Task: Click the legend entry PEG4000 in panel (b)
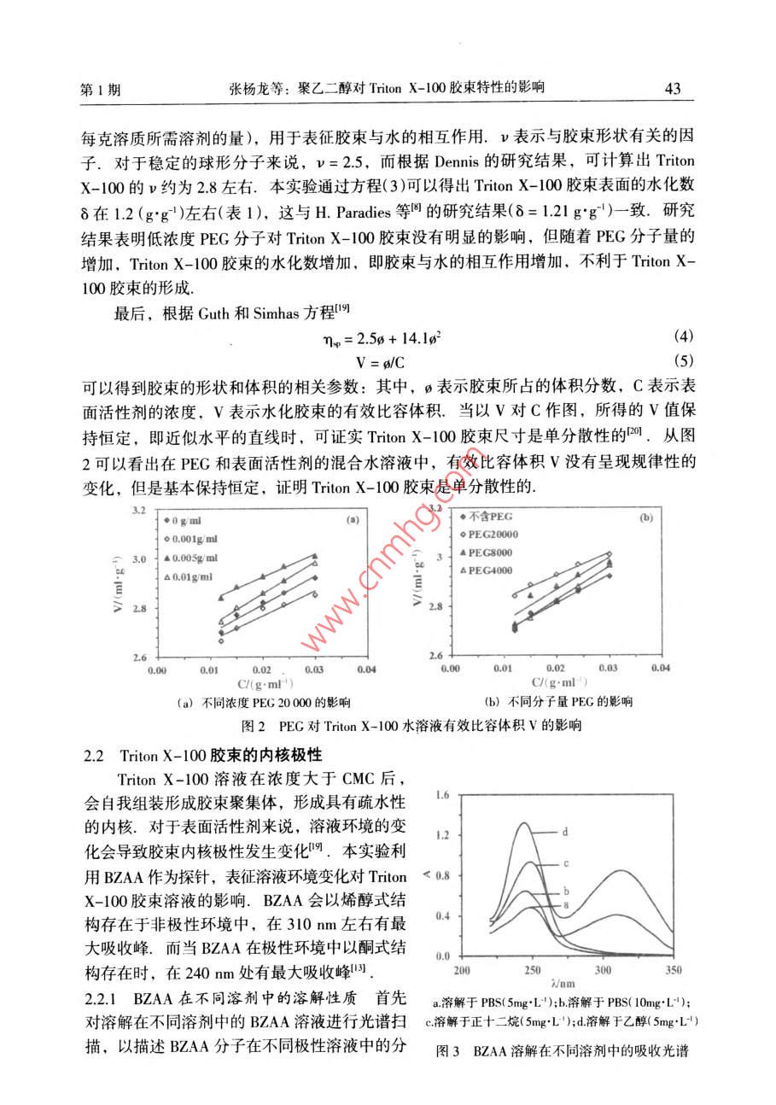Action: [x=491, y=570]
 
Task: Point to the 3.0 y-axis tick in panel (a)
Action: [x=139, y=558]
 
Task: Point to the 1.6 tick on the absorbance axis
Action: [x=441, y=796]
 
